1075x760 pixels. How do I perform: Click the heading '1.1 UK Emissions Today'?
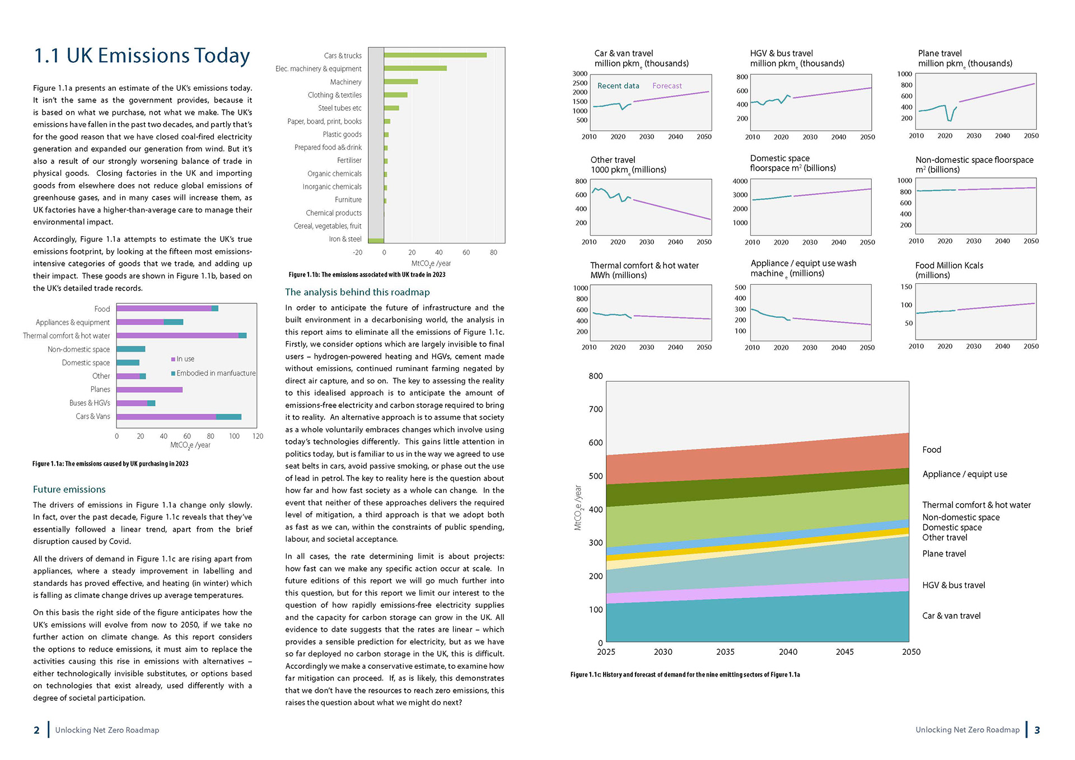tap(142, 55)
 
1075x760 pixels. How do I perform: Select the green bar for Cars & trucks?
tap(435, 55)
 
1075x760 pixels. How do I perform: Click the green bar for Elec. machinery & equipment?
tap(415, 68)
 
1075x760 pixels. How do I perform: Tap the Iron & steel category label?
tap(345, 239)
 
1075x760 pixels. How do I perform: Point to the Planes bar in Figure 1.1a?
tap(149, 390)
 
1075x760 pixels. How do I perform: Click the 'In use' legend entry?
tap(183, 359)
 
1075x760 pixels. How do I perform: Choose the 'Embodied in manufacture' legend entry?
tap(213, 373)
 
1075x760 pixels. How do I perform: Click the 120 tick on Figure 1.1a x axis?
tap(258, 436)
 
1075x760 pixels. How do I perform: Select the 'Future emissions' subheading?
tap(69, 489)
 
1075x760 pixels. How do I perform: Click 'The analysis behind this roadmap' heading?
tap(357, 292)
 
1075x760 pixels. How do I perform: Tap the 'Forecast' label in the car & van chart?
tap(667, 86)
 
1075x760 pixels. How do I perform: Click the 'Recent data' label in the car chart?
tap(618, 86)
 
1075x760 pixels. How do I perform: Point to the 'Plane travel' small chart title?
tap(940, 53)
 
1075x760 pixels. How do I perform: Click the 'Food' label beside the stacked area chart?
tap(932, 449)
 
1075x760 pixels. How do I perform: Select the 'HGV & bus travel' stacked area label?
tap(954, 585)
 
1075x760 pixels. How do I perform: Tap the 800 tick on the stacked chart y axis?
tap(596, 376)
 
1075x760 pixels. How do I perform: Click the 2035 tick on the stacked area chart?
tap(725, 651)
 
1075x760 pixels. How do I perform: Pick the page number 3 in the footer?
tap(1037, 730)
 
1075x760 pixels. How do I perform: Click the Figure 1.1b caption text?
tap(367, 275)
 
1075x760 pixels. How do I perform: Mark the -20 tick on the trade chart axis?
tap(357, 252)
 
